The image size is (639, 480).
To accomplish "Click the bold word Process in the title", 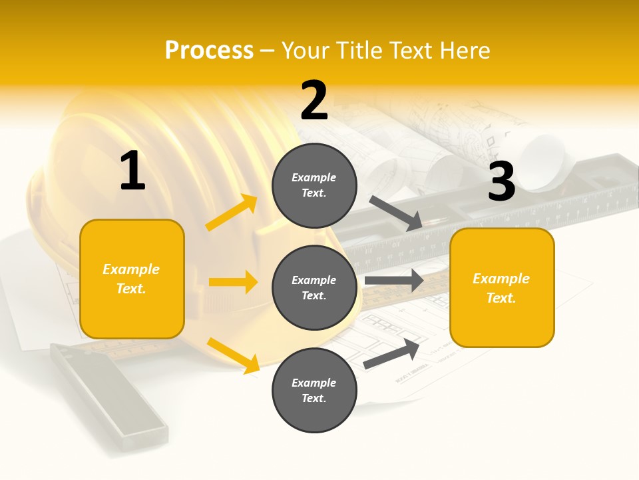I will [x=209, y=51].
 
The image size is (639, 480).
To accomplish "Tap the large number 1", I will [x=132, y=171].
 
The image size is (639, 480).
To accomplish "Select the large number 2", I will [x=314, y=101].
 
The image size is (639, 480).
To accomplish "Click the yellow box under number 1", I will [x=132, y=278].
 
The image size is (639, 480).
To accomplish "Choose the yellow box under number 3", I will [x=502, y=287].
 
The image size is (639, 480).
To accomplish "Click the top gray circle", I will [x=314, y=185].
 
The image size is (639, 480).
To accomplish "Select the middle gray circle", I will [x=314, y=287].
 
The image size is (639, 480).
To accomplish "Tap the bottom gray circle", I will [x=314, y=390].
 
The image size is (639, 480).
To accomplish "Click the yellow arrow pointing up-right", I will [x=232, y=213].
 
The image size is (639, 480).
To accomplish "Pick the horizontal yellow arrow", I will [x=233, y=282].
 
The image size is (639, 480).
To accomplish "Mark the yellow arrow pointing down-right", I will [x=233, y=355].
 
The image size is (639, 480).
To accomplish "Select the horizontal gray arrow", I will [x=394, y=281].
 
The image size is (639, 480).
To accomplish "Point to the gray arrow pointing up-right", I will [x=391, y=354].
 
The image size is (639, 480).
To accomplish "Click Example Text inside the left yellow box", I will [x=131, y=279].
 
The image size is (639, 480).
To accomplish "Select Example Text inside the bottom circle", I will [x=314, y=391].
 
